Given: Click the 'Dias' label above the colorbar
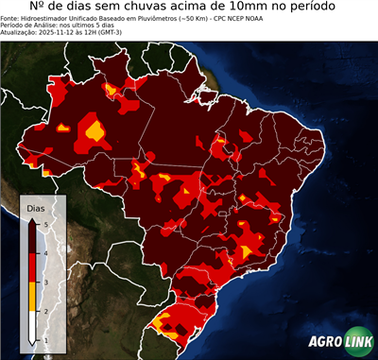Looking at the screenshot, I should tap(35, 206).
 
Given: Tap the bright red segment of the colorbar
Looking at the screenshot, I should tap(32, 266).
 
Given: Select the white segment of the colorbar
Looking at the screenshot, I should tap(32, 326).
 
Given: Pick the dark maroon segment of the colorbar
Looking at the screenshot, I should tap(32, 236).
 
